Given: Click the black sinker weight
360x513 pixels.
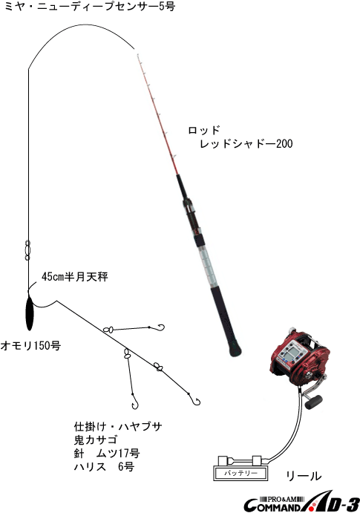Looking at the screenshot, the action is [30, 313].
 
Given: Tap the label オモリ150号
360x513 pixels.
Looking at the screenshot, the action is [30, 345].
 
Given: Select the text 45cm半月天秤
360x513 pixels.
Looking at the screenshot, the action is [74, 277].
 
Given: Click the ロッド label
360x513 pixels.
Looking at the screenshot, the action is [203, 130].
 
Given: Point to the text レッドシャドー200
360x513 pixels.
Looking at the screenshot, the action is [246, 143].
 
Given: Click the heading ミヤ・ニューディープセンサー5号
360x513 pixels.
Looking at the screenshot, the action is [90, 6].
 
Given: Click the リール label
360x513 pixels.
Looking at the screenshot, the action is [304, 476].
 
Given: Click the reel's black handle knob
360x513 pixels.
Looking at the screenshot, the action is [314, 402].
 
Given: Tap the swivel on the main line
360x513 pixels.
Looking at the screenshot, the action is [27, 250].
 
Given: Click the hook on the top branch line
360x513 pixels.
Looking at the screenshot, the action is [161, 327].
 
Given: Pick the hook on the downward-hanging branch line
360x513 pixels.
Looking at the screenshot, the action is [135, 405].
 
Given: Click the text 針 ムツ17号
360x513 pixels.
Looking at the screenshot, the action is [107, 454].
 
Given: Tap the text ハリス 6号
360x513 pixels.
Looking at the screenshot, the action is [104, 467].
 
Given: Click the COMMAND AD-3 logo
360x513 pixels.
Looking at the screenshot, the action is [301, 502].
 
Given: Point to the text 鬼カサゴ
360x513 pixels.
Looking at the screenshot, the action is [96, 440].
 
